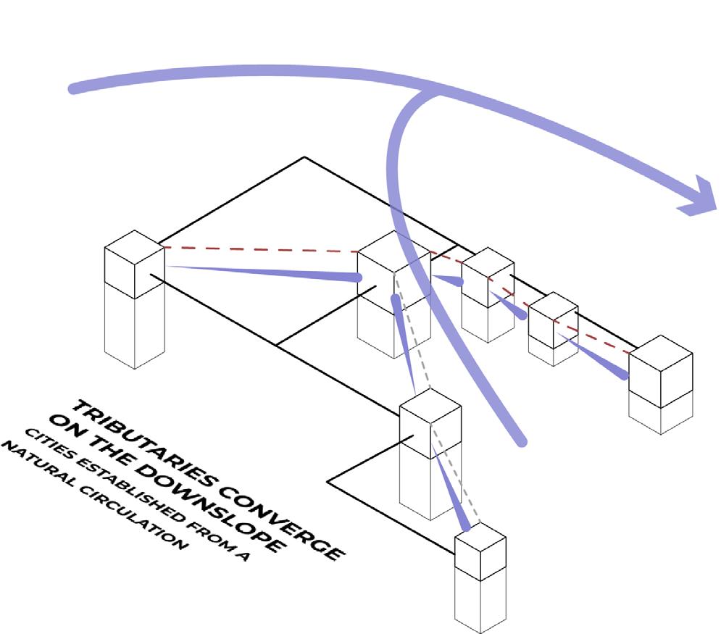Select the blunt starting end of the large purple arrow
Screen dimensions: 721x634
[x=72, y=88]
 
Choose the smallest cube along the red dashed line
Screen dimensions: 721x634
[x=553, y=320]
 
